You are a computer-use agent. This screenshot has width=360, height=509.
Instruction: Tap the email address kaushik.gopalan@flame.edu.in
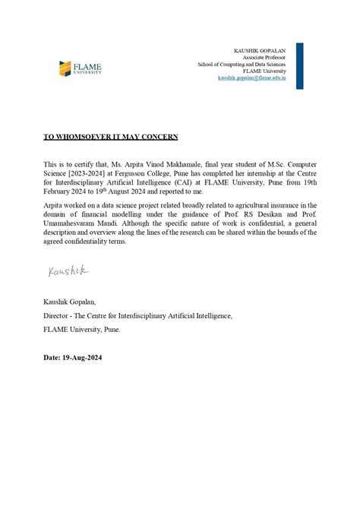pos(252,77)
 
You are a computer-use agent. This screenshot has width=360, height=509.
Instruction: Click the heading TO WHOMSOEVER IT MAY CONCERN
pos(99,137)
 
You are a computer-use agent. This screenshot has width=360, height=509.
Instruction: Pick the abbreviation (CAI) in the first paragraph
pos(173,182)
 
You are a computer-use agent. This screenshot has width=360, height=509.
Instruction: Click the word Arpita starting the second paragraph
pos(54,205)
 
